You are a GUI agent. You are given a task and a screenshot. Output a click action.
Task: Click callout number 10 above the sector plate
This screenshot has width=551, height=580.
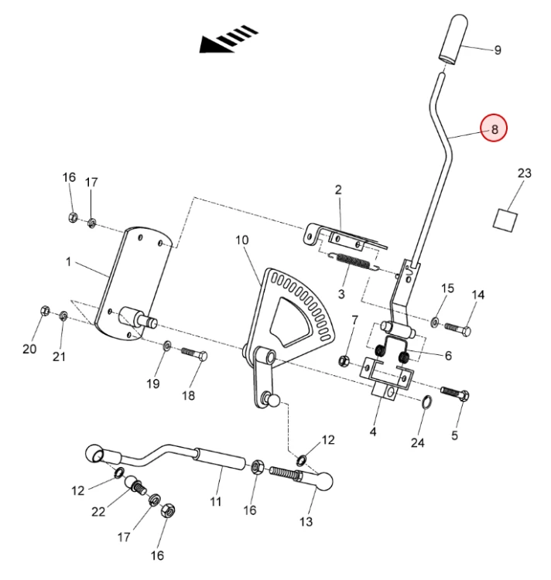coord(242,240)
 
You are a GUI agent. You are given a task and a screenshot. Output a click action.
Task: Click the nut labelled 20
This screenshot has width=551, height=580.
coord(45,311)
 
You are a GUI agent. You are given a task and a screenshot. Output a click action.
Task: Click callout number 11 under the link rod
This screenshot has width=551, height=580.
coord(216,502)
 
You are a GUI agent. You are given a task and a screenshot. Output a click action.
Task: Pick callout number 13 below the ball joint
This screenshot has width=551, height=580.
coord(306,522)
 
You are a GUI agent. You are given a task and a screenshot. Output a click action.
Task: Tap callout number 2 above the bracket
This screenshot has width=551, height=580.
coord(338,189)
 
